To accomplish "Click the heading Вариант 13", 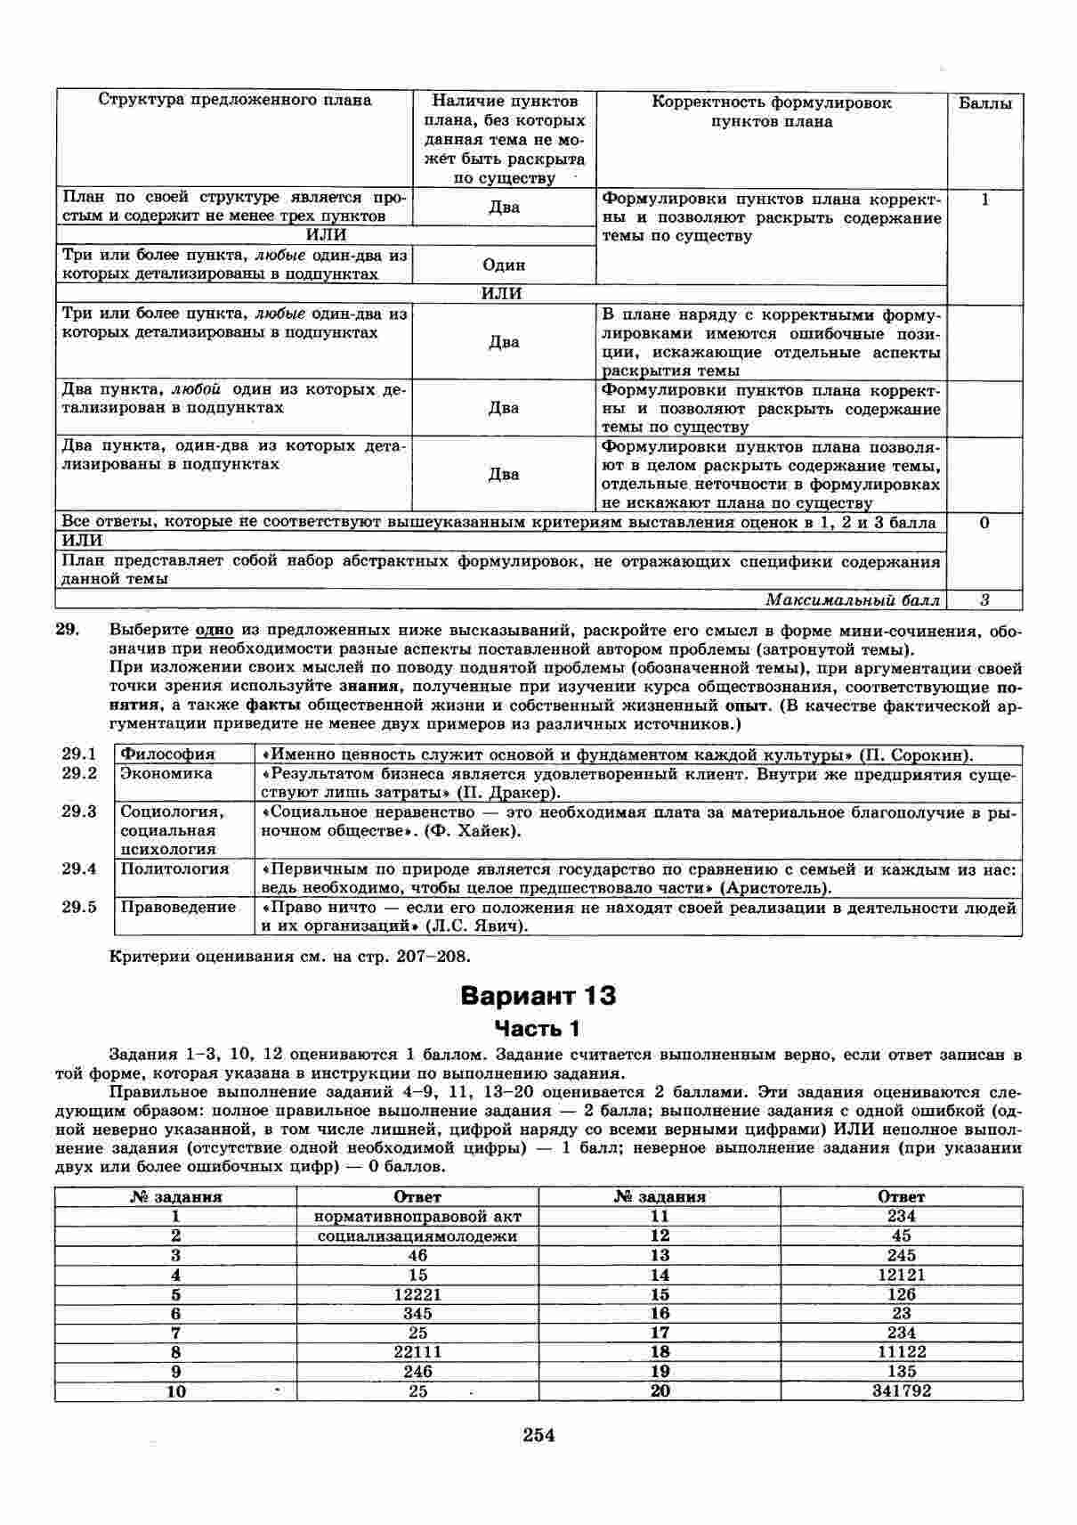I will pyautogui.click(x=538, y=995).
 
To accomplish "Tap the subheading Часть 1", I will pyautogui.click(x=538, y=1029).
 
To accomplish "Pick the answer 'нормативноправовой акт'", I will pyautogui.click(x=417, y=1216).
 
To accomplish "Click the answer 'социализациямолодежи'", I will pyautogui.click(x=417, y=1235).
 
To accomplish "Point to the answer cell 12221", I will pyautogui.click(x=417, y=1294).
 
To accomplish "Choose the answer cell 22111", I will pyautogui.click(x=417, y=1351).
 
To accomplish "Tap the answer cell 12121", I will pyautogui.click(x=901, y=1275).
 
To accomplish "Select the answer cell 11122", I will pyautogui.click(x=901, y=1351).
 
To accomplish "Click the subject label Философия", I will pyautogui.click(x=167, y=754).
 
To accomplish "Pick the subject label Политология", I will pyautogui.click(x=174, y=869).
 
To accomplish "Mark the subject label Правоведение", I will pyautogui.click(x=178, y=908).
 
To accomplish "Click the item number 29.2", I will pyautogui.click(x=79, y=773).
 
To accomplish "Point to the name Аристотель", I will pyautogui.click(x=774, y=888).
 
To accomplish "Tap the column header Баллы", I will pyautogui.click(x=984, y=103).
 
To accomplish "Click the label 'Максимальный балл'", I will pyautogui.click(x=852, y=600).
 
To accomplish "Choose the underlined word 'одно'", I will pyautogui.click(x=215, y=630).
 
